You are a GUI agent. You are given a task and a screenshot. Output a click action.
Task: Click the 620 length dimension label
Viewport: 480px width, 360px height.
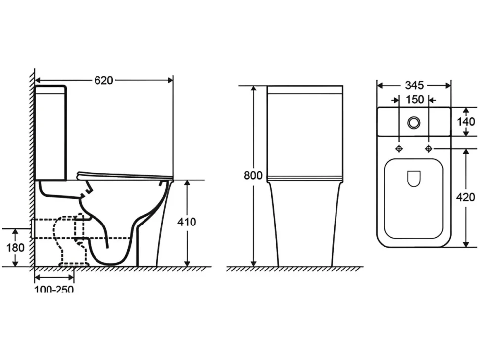coord(103,80)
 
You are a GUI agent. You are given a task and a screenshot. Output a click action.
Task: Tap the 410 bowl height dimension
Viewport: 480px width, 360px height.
coord(187,222)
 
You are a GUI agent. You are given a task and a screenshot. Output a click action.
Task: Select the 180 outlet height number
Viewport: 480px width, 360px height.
coord(16,247)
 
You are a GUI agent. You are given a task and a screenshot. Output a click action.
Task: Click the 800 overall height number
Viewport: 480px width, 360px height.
coord(253,175)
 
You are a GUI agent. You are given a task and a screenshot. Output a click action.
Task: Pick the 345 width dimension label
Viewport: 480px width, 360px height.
coord(414,85)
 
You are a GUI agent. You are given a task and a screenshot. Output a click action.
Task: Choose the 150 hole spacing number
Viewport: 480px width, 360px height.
coord(415,100)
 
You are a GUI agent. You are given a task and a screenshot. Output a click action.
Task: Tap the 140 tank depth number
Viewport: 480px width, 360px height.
coord(466,122)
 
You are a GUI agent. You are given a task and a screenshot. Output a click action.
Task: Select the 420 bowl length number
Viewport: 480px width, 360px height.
coord(465,197)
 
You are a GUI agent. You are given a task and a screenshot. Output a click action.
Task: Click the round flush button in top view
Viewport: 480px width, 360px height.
coord(414,122)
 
